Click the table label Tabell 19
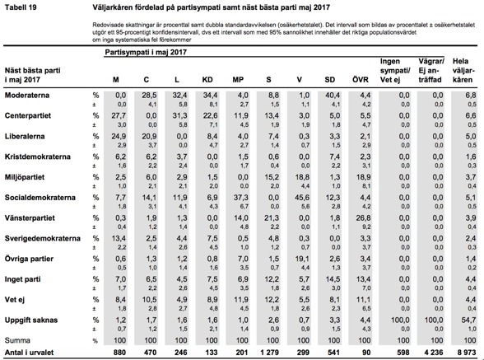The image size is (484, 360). click(21, 7)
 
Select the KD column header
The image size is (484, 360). click(207, 80)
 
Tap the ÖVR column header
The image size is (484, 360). click(361, 79)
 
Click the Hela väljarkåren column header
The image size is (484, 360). click(463, 71)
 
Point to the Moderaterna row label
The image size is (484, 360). click(27, 96)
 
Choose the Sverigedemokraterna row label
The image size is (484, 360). click(43, 239)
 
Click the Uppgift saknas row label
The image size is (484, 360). click(31, 320)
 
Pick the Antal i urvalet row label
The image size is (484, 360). click(29, 353)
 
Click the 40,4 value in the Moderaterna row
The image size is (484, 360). click(333, 96)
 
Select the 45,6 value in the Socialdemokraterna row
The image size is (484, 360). click(302, 198)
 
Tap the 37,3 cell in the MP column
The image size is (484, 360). click(240, 198)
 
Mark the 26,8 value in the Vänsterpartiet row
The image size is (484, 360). click(363, 218)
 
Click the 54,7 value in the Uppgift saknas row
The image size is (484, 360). click(468, 320)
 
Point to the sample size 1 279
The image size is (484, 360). click(268, 353)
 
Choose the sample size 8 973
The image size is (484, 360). click(466, 353)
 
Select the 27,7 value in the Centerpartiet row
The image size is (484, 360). click(119, 115)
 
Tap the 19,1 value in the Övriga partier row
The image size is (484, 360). click(302, 259)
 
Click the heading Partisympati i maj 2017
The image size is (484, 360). click(146, 52)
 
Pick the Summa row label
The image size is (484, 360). click(17, 340)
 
